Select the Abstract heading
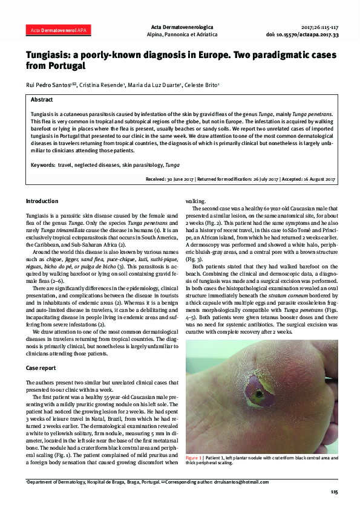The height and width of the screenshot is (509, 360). (42, 99)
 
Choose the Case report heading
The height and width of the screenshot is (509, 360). (41, 368)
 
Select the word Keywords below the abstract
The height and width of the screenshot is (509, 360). (42, 164)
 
